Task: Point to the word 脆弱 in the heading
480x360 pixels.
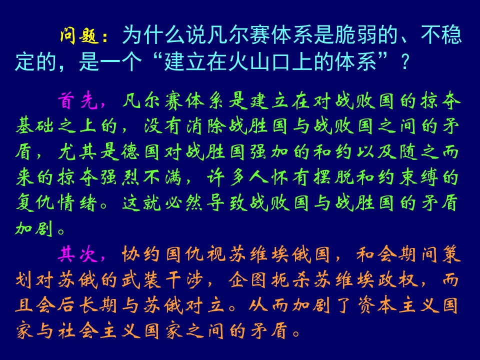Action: [363, 36]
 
